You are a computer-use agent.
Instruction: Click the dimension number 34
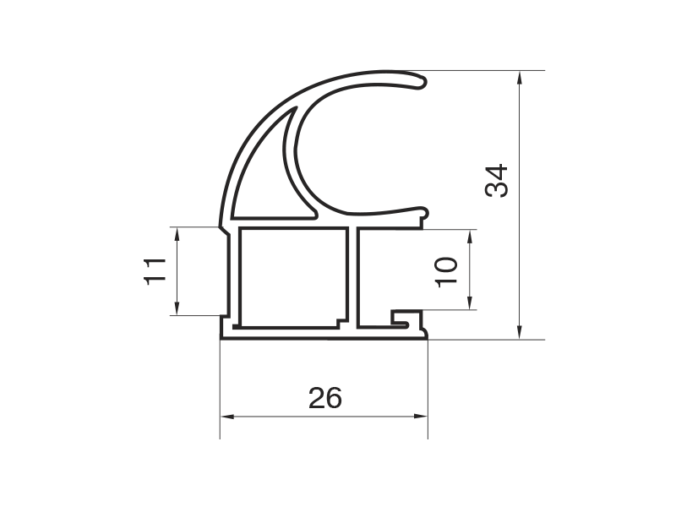[x=496, y=181]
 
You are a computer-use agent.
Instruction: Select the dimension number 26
[x=325, y=398]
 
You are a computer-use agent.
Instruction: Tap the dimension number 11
[x=155, y=270]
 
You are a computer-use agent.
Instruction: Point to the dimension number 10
[x=446, y=272]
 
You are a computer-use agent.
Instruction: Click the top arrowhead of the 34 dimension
[x=520, y=79]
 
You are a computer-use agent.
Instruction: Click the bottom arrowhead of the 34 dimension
[x=520, y=330]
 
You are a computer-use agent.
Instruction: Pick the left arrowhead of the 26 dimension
[x=227, y=417]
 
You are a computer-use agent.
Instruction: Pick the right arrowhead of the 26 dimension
[x=420, y=417]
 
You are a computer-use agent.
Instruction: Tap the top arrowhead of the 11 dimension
[x=177, y=235]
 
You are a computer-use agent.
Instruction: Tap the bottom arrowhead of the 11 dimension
[x=177, y=307]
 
